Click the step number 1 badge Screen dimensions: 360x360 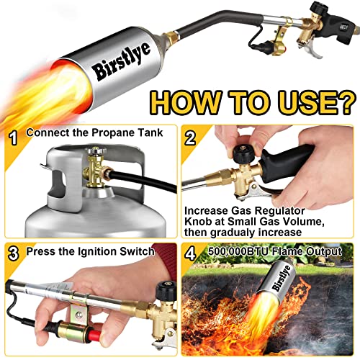12,135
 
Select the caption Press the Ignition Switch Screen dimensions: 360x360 91,252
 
